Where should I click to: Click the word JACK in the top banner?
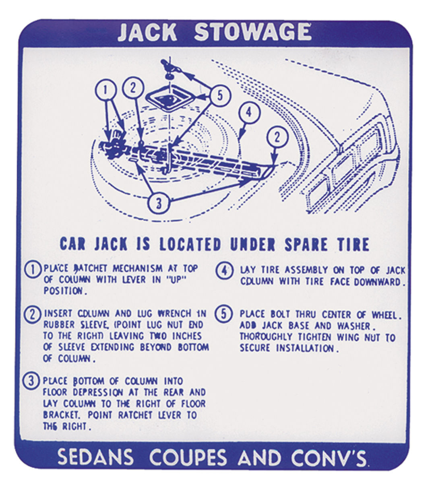(x=147, y=33)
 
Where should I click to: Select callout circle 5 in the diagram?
(x=220, y=96)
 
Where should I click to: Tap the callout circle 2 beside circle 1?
(x=133, y=88)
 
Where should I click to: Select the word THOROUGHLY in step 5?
(x=266, y=337)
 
